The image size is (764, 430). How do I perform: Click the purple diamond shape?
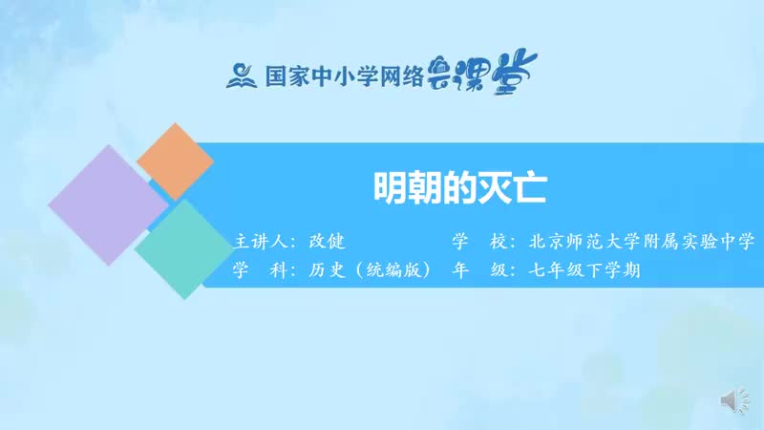[x=107, y=204]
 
